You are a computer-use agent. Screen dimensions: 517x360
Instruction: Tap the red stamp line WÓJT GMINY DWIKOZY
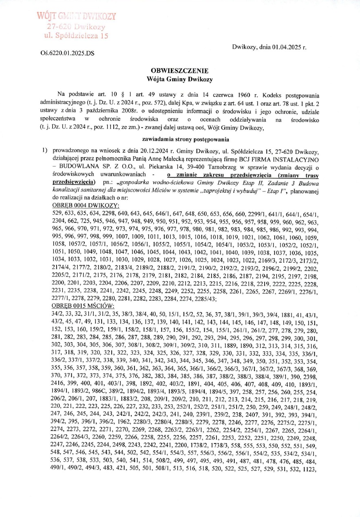(x=77, y=17)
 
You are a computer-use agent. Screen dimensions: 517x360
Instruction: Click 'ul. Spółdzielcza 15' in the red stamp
(x=76, y=36)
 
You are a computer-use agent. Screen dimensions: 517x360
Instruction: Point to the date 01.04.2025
(x=286, y=47)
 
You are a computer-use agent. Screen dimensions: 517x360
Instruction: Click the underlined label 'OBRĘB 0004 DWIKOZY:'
(x=86, y=205)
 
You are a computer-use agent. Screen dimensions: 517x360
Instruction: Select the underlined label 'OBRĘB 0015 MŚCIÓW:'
(x=84, y=306)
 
